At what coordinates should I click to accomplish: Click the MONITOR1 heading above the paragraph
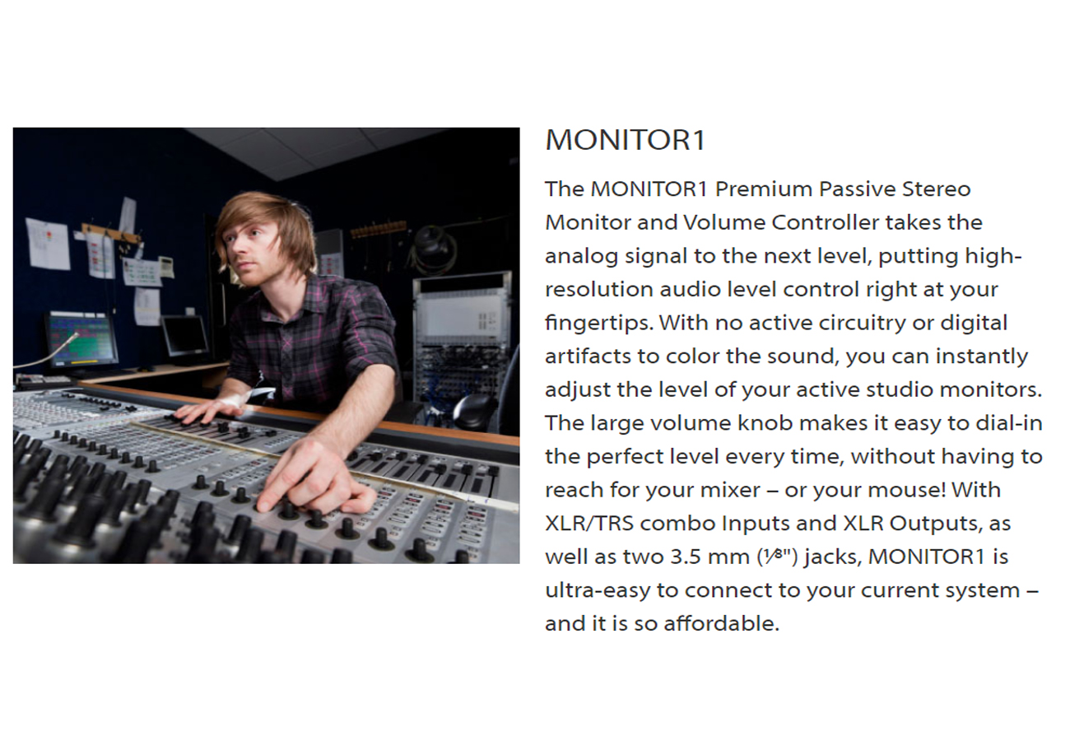(x=625, y=141)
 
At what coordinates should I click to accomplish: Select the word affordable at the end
(x=723, y=624)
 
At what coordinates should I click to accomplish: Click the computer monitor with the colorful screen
(x=82, y=339)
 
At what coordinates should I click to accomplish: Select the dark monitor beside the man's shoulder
(x=185, y=336)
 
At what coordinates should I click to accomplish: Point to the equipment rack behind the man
(x=461, y=346)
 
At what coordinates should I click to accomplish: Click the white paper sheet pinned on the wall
(x=47, y=244)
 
